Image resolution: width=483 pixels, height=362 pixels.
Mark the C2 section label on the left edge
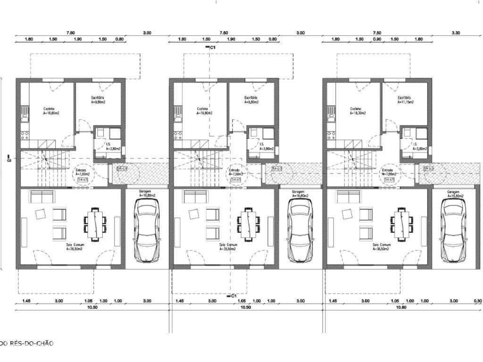pos(9,159)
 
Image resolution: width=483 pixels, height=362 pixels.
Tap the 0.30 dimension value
pos(478,301)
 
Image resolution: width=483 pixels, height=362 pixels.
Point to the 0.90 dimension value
pos(377,40)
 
